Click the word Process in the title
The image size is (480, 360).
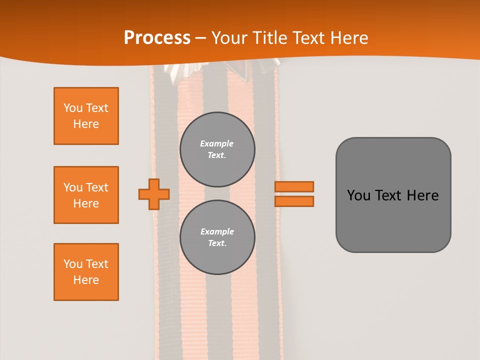click(x=157, y=38)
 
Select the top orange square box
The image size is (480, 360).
click(x=86, y=116)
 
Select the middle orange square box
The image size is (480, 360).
click(x=86, y=195)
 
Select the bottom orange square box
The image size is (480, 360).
click(x=86, y=271)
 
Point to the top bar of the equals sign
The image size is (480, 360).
click(x=294, y=187)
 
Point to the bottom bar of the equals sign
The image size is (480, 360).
click(x=294, y=201)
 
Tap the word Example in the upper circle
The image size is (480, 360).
click(x=217, y=143)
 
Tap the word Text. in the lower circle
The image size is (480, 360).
click(x=217, y=243)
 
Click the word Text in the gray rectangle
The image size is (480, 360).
click(x=388, y=195)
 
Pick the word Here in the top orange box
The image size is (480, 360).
click(x=86, y=124)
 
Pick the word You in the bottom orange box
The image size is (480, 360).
click(x=72, y=264)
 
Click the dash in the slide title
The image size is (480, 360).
click(x=200, y=38)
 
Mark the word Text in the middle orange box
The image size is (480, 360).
click(x=97, y=187)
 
